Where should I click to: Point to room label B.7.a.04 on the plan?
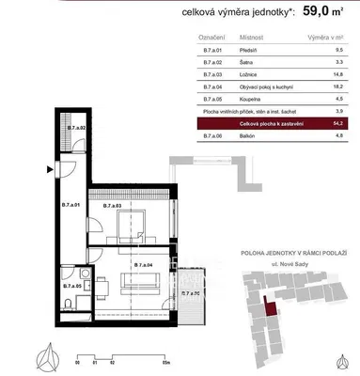pos(143,266)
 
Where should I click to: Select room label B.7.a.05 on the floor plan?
pos(72,283)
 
